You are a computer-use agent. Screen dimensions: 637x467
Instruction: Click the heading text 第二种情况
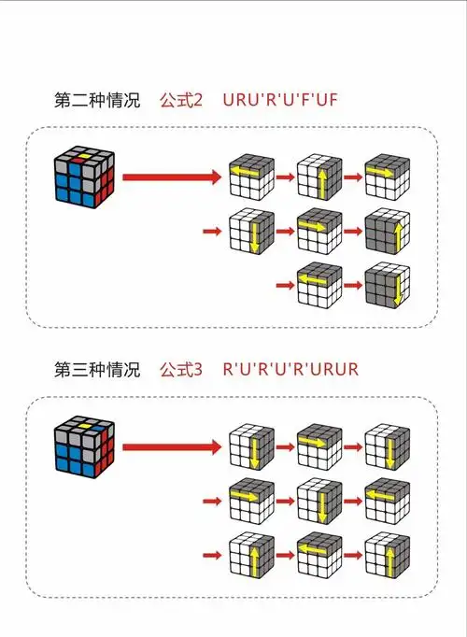97,101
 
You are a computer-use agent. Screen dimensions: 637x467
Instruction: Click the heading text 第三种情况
97,369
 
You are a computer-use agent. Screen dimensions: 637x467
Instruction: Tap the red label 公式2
181,101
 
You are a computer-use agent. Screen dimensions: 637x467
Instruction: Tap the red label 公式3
181,369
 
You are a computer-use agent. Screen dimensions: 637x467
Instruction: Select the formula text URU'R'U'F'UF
280,101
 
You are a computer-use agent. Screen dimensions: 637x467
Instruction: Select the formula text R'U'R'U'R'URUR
290,369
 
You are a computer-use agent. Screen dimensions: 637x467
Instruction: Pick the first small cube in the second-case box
250,175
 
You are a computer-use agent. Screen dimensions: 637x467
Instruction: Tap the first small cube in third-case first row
250,446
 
